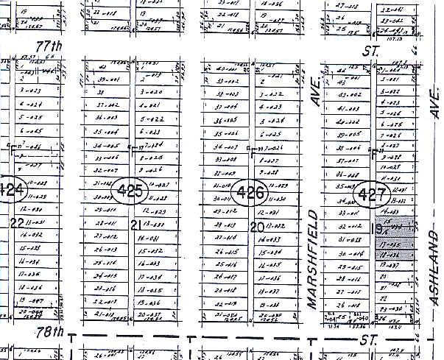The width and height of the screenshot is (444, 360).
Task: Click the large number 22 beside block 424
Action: coord(15,223)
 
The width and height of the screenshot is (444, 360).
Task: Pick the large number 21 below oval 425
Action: coord(135,225)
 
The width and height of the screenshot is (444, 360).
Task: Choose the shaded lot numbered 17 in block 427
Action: coord(390,244)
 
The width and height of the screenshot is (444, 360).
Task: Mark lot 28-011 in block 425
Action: coord(107,224)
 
